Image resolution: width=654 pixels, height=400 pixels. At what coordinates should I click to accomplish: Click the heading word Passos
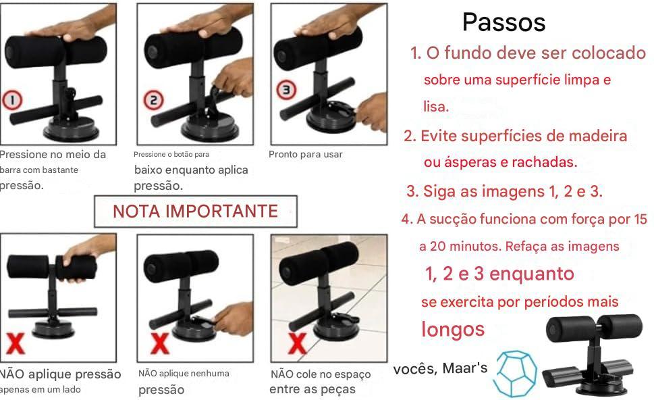[504, 22]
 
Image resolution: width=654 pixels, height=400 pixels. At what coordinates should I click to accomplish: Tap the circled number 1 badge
[12, 100]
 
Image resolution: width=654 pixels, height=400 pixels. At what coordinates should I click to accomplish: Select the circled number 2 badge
[153, 100]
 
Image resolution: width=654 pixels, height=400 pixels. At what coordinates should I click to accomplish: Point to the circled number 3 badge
[287, 90]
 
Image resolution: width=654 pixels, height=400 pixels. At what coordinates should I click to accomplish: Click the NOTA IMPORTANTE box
[196, 211]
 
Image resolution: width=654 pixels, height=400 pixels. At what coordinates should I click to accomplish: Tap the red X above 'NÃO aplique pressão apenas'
[16, 344]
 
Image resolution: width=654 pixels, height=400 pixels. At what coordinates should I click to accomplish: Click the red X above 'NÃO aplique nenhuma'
[160, 344]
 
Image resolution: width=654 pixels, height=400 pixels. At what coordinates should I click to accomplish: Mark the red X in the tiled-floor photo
[297, 344]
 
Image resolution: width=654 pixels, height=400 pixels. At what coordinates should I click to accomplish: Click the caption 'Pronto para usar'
[305, 155]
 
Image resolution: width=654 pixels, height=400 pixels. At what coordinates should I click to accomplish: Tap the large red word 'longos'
[453, 330]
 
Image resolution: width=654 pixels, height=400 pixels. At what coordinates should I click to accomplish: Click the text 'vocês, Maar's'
[441, 368]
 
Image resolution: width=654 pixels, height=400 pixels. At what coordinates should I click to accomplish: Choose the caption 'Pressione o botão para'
[171, 155]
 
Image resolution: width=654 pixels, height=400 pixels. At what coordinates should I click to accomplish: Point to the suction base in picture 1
[71, 128]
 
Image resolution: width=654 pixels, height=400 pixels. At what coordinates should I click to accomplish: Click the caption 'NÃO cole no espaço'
[321, 374]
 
